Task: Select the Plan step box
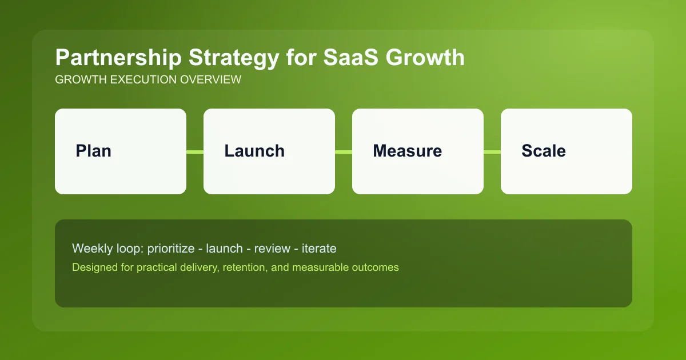(121, 151)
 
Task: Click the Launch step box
(269, 151)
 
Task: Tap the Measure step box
(418, 151)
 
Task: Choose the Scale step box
(567, 151)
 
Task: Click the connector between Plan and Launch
(195, 152)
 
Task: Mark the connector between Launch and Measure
(344, 152)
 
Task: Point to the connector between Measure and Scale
(492, 152)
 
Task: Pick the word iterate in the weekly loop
(319, 249)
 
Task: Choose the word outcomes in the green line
(376, 267)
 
